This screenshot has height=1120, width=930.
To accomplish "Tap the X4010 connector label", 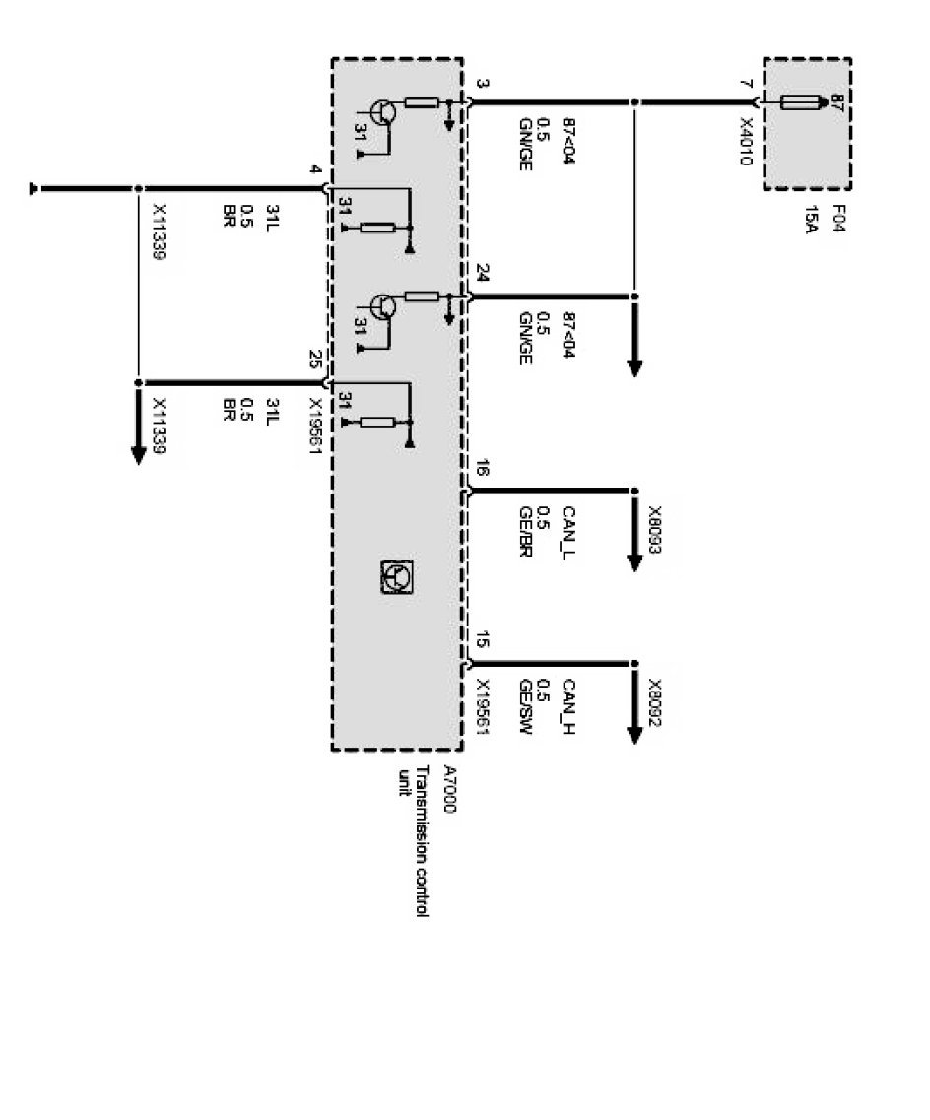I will (746, 142).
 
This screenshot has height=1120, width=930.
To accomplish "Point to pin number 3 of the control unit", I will (481, 85).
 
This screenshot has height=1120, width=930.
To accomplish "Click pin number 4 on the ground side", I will (314, 170).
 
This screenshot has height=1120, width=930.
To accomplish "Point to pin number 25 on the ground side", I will (314, 359).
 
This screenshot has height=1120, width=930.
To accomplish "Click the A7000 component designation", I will (450, 789).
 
